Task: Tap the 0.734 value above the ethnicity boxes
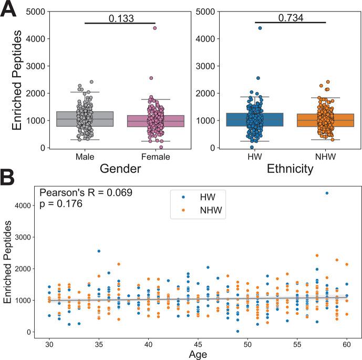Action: click(290, 18)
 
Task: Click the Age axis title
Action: click(198, 354)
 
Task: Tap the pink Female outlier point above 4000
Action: click(155, 28)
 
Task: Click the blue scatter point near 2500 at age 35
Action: click(99, 251)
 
